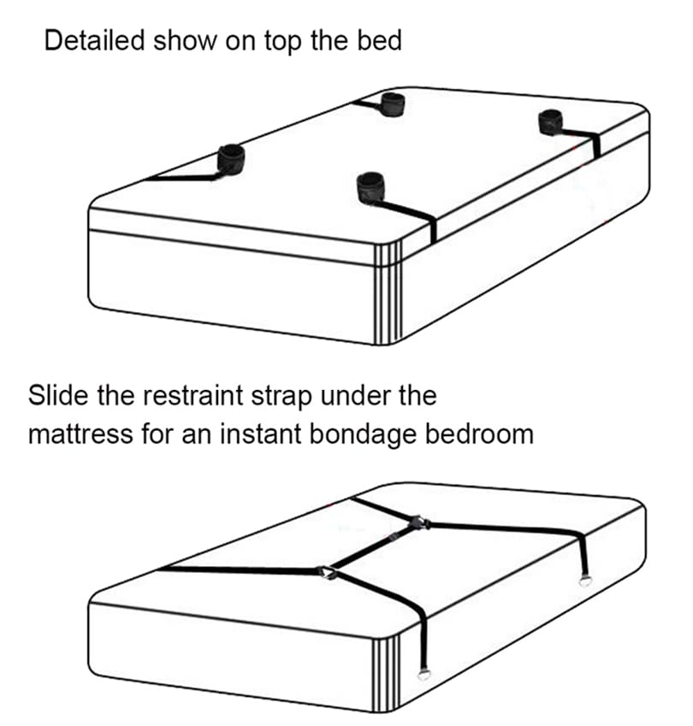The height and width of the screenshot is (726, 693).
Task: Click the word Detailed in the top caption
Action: pos(94,41)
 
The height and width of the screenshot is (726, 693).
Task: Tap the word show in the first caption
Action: pos(185,41)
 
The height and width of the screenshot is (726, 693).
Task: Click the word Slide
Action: pos(58,396)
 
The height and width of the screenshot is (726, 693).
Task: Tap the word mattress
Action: pos(80,435)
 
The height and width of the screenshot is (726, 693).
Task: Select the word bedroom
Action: pos(479,435)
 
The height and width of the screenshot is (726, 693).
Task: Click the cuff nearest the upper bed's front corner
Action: pos(370,187)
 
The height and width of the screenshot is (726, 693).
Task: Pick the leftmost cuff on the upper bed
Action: pos(231,158)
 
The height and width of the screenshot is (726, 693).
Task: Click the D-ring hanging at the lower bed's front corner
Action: pos(423,675)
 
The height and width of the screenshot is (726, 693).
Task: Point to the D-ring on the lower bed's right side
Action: pos(586,581)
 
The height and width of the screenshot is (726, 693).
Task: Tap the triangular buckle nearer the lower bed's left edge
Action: pos(328,573)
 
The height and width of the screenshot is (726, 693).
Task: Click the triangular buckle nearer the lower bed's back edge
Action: pos(419,522)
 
